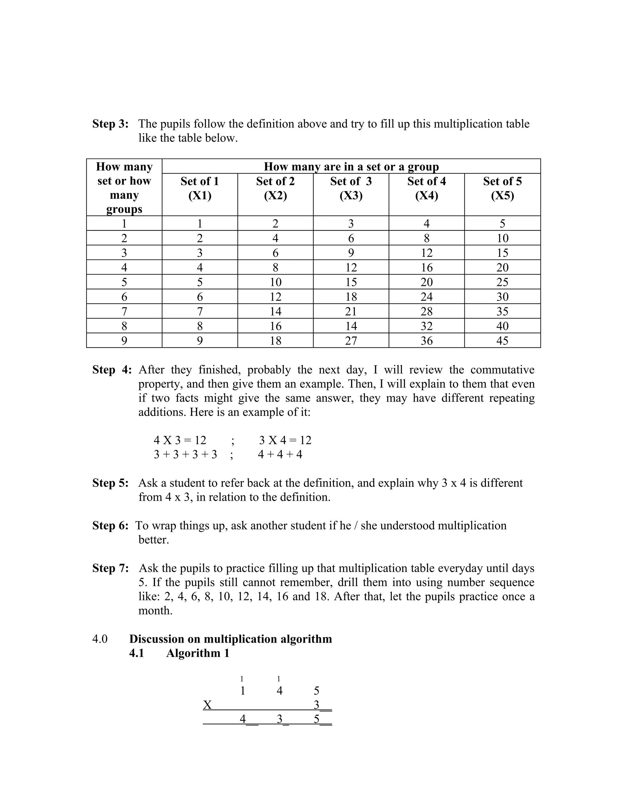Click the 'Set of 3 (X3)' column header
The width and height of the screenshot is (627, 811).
(x=351, y=188)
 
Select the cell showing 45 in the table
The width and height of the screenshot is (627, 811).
(x=502, y=341)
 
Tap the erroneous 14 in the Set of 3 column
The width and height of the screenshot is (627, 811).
(x=351, y=326)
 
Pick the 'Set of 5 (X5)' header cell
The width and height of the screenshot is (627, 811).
(x=502, y=188)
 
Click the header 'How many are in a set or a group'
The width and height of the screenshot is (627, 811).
(x=351, y=166)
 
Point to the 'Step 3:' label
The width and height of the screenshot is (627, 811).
(x=110, y=124)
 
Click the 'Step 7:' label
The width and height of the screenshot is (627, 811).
(x=110, y=568)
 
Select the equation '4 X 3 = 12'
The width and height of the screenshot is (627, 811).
(x=180, y=440)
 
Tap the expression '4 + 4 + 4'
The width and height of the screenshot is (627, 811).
(x=280, y=454)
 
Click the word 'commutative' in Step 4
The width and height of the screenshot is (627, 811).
(x=502, y=370)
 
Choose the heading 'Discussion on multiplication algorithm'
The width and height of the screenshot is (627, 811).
(x=230, y=639)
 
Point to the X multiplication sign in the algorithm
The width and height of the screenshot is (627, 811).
(x=207, y=705)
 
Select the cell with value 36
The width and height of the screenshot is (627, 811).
(x=426, y=341)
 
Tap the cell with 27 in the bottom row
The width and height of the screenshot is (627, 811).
(x=351, y=341)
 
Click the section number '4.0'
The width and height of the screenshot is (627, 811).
(x=100, y=639)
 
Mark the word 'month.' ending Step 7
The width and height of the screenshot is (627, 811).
(x=155, y=611)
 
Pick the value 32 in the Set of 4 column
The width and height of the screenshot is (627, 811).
(x=426, y=326)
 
